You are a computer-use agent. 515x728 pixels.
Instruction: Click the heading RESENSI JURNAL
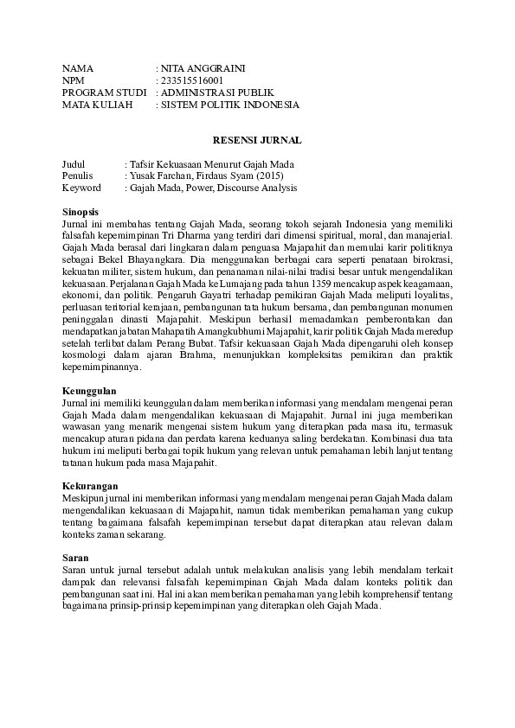(257, 139)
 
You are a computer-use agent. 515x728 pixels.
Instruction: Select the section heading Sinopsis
(80, 211)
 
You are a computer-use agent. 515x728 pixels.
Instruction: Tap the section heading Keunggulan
(87, 391)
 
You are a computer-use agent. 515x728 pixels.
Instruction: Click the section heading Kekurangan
(87, 486)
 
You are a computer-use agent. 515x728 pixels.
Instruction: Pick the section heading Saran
(75, 559)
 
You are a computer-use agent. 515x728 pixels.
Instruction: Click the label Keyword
(81, 188)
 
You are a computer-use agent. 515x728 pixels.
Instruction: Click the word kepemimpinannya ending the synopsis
(101, 367)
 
